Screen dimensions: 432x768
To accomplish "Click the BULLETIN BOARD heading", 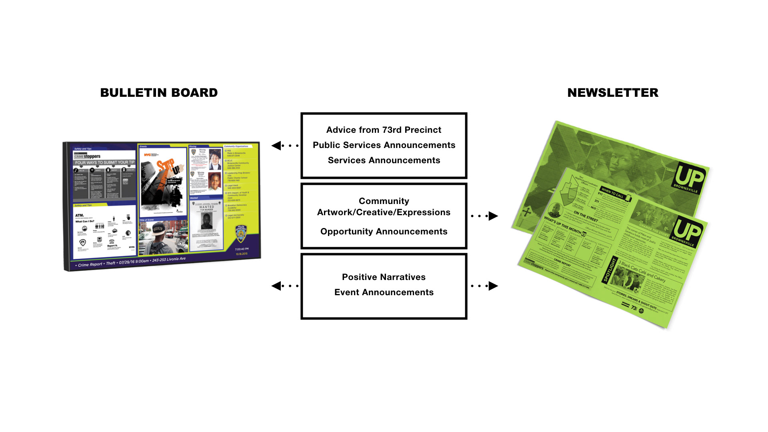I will pos(159,93).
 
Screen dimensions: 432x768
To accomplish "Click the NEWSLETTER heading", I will pos(612,93).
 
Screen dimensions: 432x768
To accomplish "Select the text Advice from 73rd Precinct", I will pos(384,130).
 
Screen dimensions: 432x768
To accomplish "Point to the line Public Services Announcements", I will pos(384,145).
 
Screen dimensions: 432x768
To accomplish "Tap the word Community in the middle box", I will pos(384,201).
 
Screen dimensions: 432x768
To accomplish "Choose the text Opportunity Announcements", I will pos(384,232).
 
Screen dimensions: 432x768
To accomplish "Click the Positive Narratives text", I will pos(384,277).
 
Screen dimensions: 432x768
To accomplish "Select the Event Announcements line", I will pos(384,292).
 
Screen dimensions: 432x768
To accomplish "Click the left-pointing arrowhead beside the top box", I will pos(276,146).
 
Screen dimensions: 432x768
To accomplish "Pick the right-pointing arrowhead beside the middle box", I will pos(493,216).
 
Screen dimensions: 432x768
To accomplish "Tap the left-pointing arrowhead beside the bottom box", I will pos(276,286).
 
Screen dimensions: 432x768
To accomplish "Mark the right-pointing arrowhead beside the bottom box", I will pos(493,286).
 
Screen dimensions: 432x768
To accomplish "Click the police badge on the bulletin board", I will pos(241,234).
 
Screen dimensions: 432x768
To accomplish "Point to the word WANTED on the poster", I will pos(206,207).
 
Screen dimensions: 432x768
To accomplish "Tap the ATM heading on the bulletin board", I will pos(80,215).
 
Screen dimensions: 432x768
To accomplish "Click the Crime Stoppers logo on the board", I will pos(87,156).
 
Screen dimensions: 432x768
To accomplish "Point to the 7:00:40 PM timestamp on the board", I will pos(242,249).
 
